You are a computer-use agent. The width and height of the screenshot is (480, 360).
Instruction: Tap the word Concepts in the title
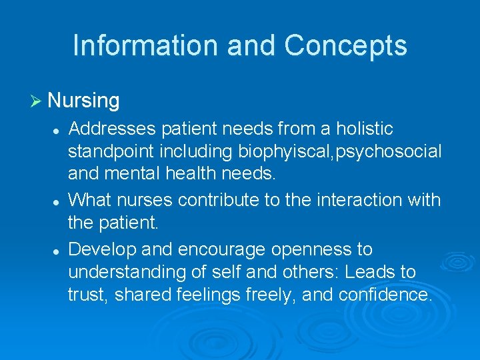click(x=345, y=45)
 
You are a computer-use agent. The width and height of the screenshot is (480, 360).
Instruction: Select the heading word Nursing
click(x=83, y=101)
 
